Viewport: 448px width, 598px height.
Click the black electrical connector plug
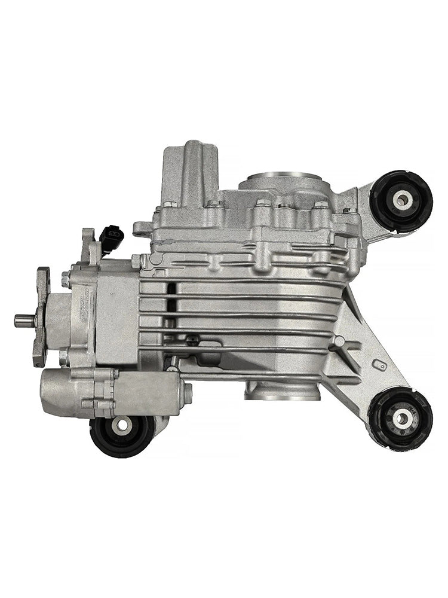click(111, 237)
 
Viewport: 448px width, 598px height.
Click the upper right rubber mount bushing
click(401, 201)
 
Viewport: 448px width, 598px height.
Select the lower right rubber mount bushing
click(400, 417)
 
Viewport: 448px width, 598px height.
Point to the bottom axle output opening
click(282, 392)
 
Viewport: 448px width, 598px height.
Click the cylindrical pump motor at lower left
click(78, 392)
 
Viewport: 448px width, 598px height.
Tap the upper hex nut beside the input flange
click(65, 279)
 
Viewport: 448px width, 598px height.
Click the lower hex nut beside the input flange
click(63, 358)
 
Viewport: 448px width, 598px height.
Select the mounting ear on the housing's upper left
click(142, 227)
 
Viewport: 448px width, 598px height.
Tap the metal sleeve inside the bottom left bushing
click(122, 425)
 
